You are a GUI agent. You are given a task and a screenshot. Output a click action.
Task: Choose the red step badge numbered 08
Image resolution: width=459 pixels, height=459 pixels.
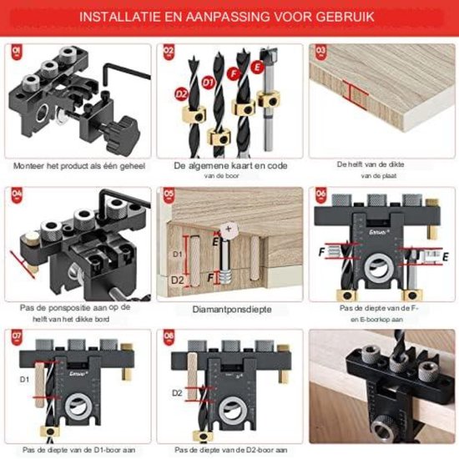point(167,338)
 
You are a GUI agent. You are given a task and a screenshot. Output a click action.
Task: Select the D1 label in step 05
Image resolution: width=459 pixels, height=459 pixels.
point(176,252)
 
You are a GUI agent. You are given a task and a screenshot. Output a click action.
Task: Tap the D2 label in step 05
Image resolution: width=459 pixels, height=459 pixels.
point(176,281)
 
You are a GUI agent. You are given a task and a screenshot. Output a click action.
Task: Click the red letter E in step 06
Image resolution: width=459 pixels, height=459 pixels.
point(444,257)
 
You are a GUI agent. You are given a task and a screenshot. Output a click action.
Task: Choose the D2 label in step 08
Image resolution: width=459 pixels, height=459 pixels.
point(177,392)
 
